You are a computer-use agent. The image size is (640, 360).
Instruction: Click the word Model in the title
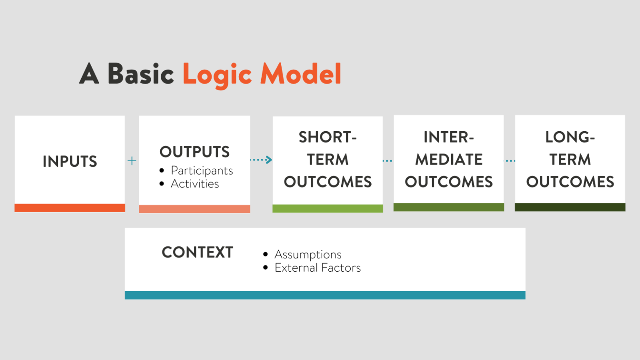[x=301, y=73]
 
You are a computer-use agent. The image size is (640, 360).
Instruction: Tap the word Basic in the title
[x=140, y=73]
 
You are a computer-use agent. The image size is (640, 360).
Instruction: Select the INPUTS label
[x=70, y=161]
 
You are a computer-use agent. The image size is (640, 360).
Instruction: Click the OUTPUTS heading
[x=195, y=152]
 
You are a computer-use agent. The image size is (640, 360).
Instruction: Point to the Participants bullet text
[x=202, y=171]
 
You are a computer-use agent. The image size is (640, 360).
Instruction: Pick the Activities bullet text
[x=195, y=184]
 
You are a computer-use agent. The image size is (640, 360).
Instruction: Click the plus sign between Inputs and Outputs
[x=132, y=161]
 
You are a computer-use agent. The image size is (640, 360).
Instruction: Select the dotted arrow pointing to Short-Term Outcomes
[x=261, y=160]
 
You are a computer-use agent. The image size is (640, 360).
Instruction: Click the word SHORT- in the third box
[x=328, y=137]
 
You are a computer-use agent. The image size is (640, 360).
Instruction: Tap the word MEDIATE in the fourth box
[x=449, y=160]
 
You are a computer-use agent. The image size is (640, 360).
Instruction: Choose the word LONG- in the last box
[x=570, y=137]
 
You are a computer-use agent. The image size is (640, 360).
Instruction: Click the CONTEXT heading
[x=197, y=252]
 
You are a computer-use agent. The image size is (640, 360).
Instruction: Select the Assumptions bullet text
[x=308, y=255]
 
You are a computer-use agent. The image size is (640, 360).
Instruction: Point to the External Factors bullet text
[x=318, y=268]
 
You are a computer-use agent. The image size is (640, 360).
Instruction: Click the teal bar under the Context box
[x=325, y=295]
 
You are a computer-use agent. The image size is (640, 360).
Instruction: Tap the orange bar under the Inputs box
[x=70, y=208]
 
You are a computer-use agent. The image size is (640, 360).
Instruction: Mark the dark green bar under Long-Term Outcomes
[x=570, y=207]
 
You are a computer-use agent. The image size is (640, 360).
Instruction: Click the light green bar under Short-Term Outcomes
[x=328, y=208]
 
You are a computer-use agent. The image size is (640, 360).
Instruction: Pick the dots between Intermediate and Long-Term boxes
[x=510, y=161]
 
